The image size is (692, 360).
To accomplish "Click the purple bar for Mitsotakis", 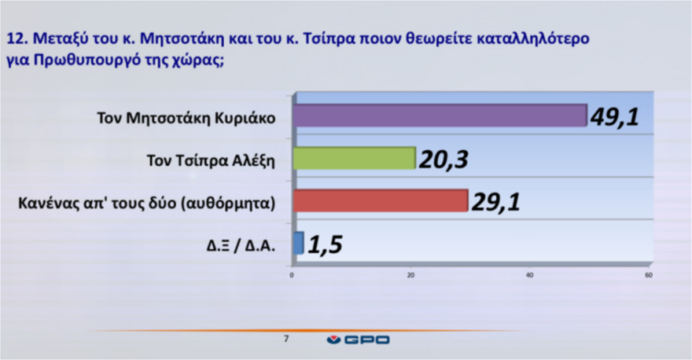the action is click(440, 116).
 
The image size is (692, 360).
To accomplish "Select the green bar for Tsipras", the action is click(355, 158).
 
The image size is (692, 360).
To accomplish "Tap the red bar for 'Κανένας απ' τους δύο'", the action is click(381, 200).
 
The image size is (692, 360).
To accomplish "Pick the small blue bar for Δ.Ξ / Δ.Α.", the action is click(298, 243).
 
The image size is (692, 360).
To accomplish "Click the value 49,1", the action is click(615, 117).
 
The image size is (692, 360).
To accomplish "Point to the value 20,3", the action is click(444, 160).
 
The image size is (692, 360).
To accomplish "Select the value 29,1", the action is click(496, 202).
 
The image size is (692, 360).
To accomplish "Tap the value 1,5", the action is click(326, 244).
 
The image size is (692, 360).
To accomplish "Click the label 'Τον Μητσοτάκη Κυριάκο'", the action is click(186, 118).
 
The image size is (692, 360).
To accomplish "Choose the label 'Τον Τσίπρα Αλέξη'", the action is click(211, 160).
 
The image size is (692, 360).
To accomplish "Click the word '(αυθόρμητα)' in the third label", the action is click(228, 204).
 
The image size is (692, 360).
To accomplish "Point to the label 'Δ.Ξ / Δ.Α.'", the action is click(241, 246).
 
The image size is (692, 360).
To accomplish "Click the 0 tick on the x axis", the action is click(292, 275).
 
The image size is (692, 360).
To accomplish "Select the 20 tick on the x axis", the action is click(410, 275).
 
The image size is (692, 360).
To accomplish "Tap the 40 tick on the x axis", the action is click(529, 275).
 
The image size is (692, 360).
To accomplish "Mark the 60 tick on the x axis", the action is click(648, 275).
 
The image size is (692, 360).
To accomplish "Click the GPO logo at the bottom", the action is click(358, 340).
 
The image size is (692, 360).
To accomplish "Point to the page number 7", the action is click(286, 339).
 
